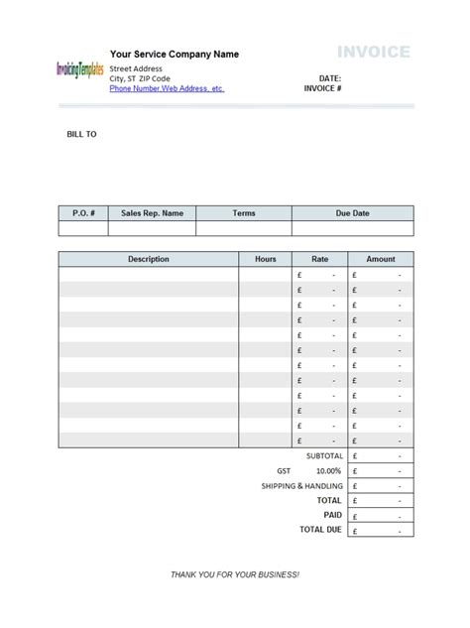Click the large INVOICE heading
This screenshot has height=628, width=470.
click(x=374, y=52)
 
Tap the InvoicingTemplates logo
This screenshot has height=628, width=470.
click(x=80, y=70)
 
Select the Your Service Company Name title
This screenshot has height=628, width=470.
click(x=175, y=55)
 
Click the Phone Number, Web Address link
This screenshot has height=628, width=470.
click(x=167, y=88)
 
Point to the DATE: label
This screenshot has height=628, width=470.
click(x=330, y=77)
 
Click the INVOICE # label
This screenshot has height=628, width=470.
click(x=324, y=88)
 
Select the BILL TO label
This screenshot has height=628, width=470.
click(x=81, y=134)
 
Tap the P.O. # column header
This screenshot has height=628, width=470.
click(x=83, y=213)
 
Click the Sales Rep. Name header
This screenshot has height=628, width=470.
click(x=152, y=213)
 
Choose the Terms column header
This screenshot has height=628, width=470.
click(x=244, y=213)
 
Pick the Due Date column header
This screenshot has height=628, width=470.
click(x=352, y=213)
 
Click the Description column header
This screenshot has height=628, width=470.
click(x=149, y=259)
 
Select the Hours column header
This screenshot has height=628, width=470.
click(x=266, y=259)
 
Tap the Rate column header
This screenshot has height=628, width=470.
click(x=320, y=259)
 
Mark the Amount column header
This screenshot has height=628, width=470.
click(x=381, y=259)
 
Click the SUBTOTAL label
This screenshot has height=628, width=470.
click(x=323, y=455)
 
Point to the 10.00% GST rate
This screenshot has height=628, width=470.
click(x=328, y=471)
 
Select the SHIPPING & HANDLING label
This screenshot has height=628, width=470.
click(x=302, y=486)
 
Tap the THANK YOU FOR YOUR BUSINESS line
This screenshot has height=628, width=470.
click(x=235, y=575)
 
